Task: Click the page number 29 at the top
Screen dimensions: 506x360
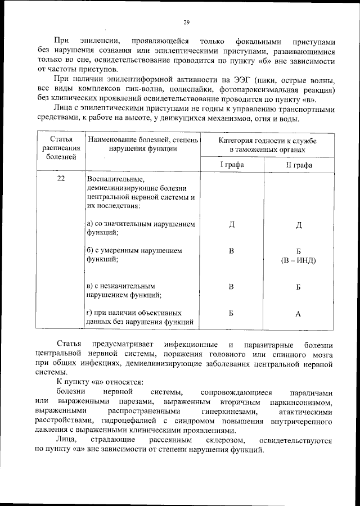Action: coord(186,22)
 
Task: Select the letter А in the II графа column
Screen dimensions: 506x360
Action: coord(298,314)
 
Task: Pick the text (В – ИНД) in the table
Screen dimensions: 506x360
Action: coord(299,260)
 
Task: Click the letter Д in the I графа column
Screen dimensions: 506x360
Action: coord(231,225)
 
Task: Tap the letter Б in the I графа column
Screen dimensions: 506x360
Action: coord(231,314)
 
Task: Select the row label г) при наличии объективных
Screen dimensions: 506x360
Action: coord(141,313)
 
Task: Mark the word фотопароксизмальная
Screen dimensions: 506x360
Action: coord(272,90)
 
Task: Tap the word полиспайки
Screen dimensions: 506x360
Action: coord(204,90)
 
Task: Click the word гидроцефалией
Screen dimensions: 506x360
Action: coord(127,421)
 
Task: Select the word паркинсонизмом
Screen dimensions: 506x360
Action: coord(306,402)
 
